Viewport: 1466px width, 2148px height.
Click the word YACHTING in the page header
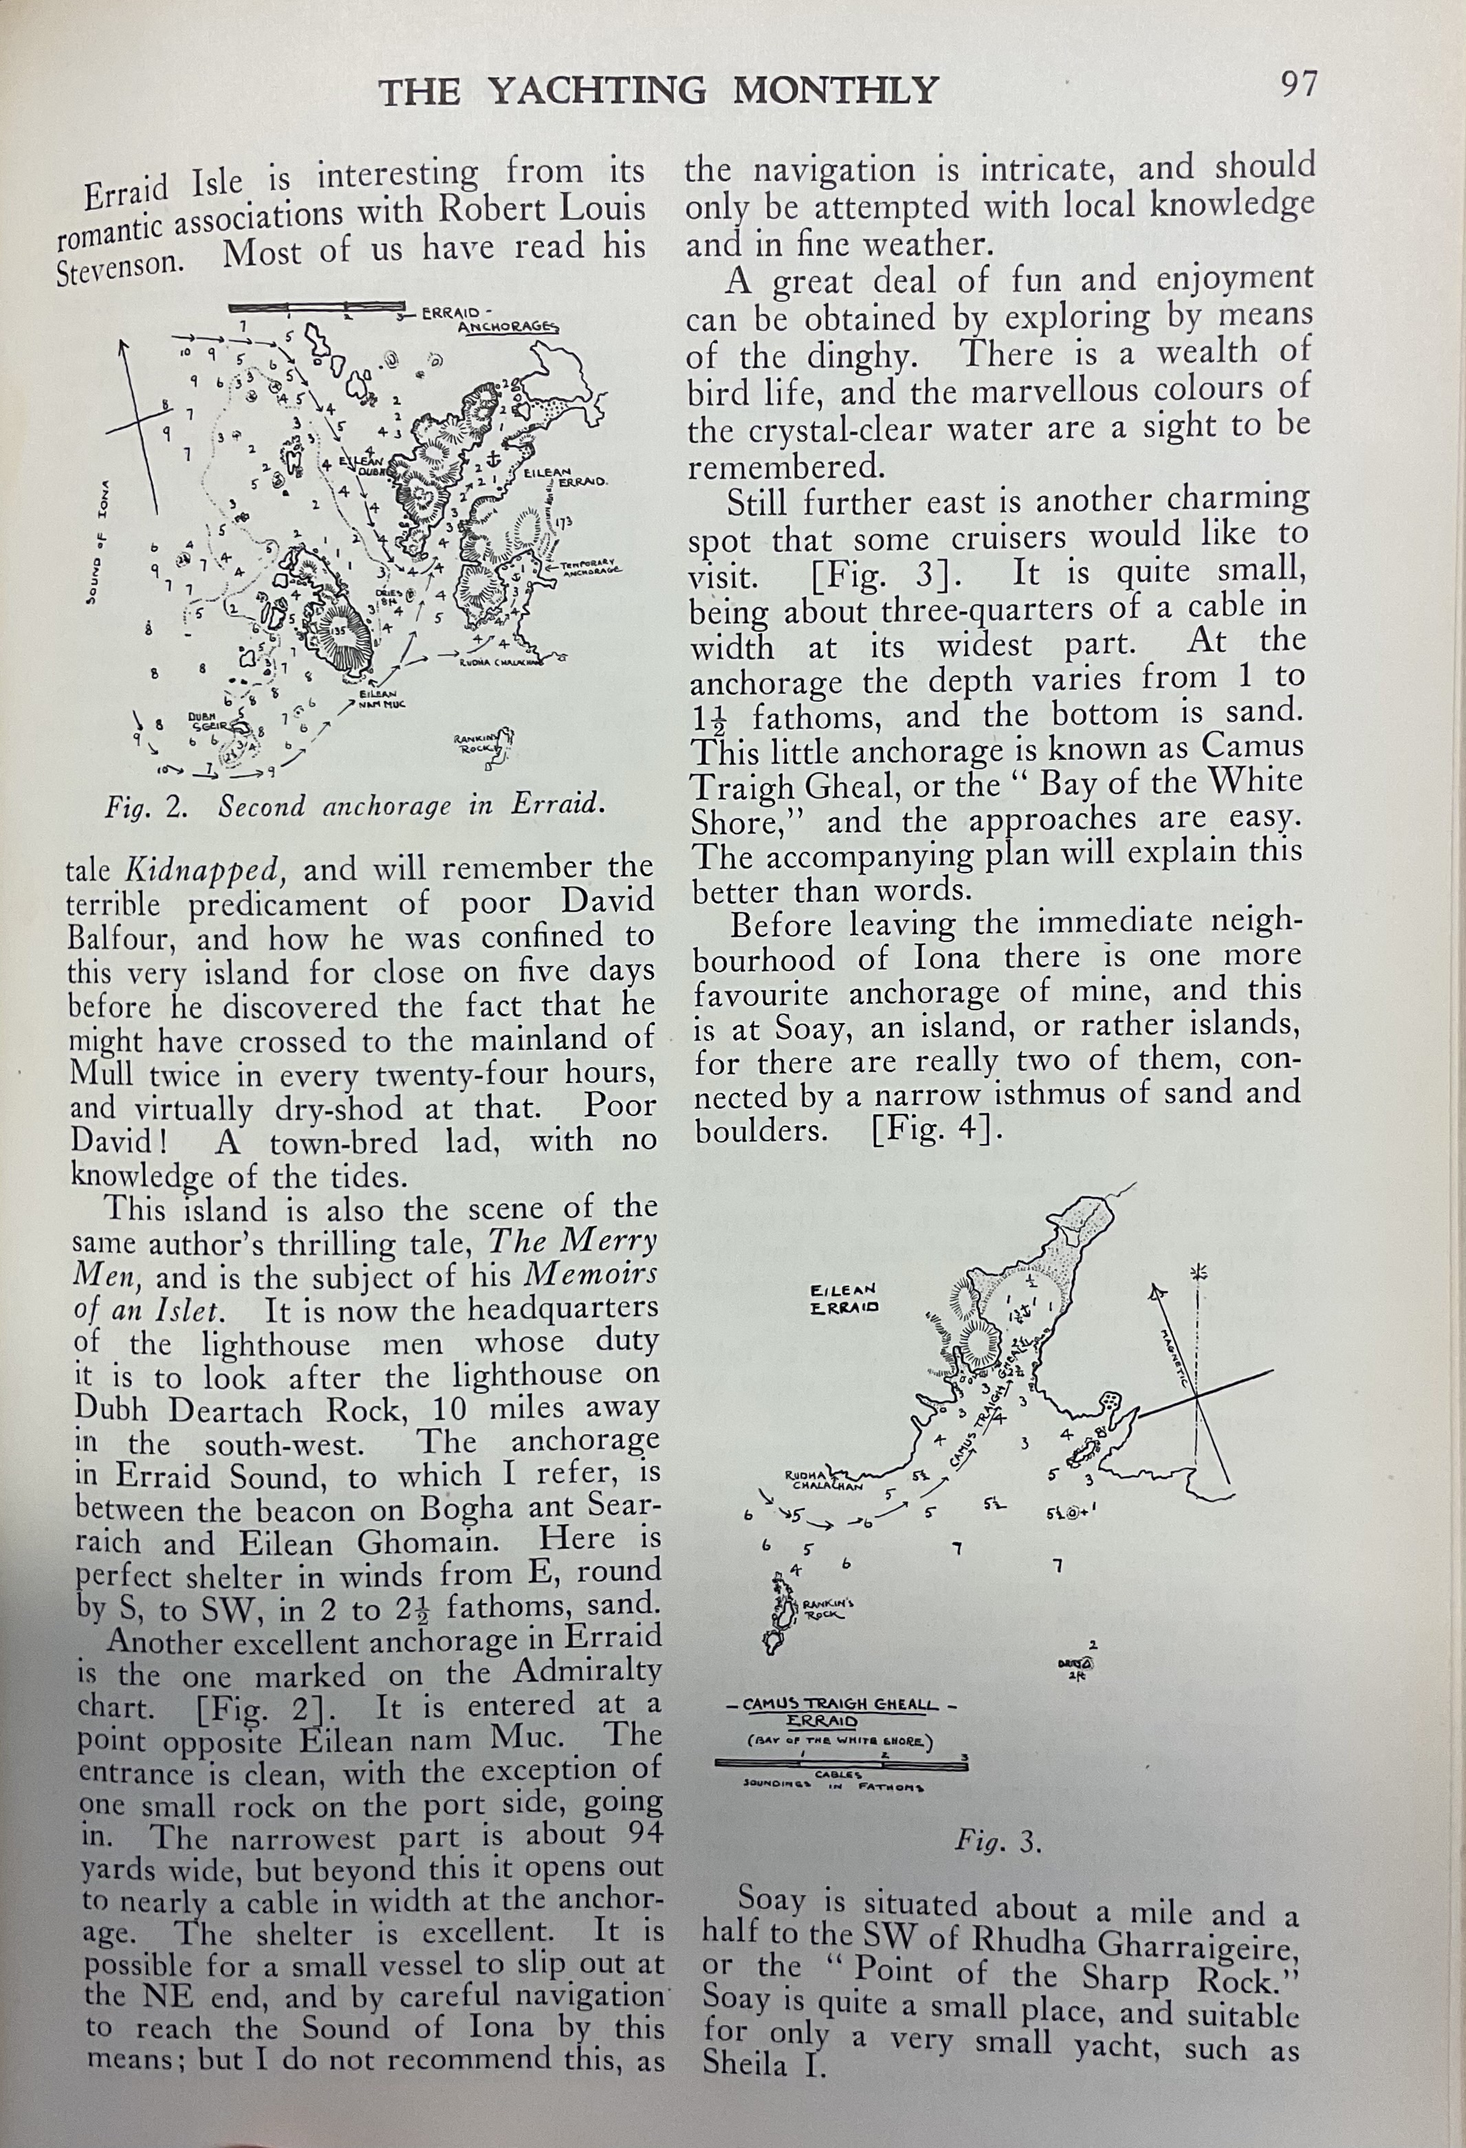[596, 91]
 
